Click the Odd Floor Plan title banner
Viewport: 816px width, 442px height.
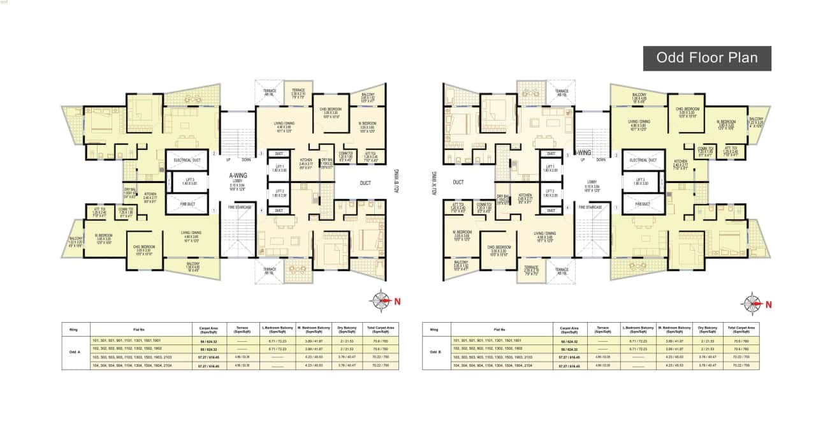(x=706, y=57)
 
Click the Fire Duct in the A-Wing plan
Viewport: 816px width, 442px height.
(x=187, y=205)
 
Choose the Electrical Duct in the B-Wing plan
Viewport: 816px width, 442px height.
(x=643, y=160)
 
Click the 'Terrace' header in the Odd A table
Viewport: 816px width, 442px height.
(x=241, y=330)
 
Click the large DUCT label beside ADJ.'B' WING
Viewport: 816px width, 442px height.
(x=365, y=182)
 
